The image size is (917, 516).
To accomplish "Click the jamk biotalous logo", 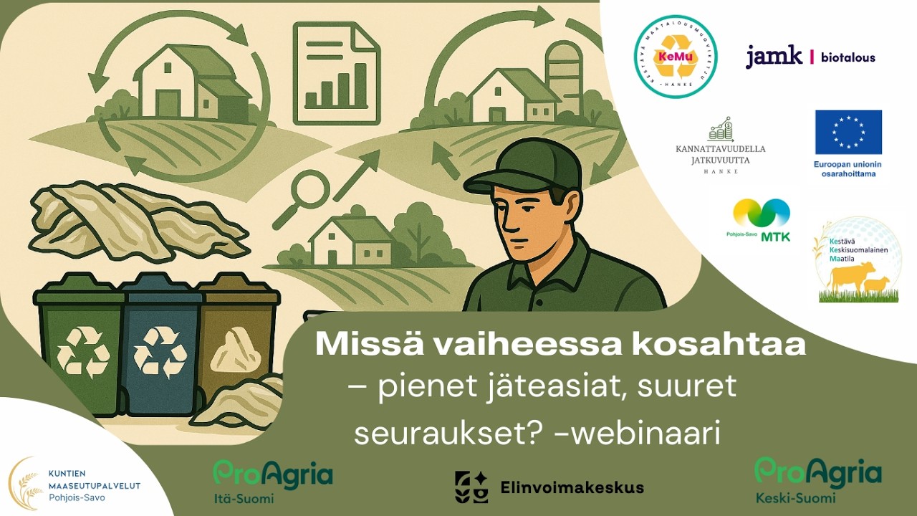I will [810, 57].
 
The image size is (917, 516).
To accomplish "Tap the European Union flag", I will [848, 133].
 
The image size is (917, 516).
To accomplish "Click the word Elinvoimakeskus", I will [572, 488].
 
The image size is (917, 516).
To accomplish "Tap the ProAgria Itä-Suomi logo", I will [272, 480].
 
